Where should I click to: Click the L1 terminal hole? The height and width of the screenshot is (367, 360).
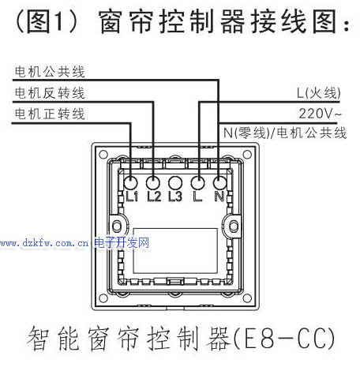pyautogui.click(x=130, y=182)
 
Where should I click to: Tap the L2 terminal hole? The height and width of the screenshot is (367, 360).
pyautogui.click(x=153, y=182)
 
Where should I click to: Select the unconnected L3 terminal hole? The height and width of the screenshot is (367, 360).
pyautogui.click(x=175, y=182)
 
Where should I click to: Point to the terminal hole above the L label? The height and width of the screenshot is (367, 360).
pyautogui.click(x=197, y=182)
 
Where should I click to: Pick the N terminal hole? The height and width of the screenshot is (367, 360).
pyautogui.click(x=219, y=182)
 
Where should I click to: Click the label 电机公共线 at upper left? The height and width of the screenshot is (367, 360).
pyautogui.click(x=50, y=72)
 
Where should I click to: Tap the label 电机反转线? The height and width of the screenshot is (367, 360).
pyautogui.click(x=50, y=93)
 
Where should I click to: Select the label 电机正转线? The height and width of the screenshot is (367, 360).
pyautogui.click(x=50, y=114)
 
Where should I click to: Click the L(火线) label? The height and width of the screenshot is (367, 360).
pyautogui.click(x=319, y=93)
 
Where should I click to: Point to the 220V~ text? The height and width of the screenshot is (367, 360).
pyautogui.click(x=320, y=114)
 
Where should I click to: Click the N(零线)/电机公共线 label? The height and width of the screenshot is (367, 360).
pyautogui.click(x=285, y=133)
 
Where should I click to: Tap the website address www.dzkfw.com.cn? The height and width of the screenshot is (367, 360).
pyautogui.click(x=44, y=243)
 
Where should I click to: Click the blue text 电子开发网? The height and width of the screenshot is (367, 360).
pyautogui.click(x=122, y=242)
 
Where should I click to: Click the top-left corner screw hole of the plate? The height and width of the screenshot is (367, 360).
pyautogui.click(x=103, y=154)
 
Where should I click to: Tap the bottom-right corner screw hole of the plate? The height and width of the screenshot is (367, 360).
pyautogui.click(x=247, y=298)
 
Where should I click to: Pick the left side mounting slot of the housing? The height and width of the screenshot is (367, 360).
pyautogui.click(x=117, y=226)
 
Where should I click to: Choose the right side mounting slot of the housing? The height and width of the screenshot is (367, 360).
pyautogui.click(x=234, y=226)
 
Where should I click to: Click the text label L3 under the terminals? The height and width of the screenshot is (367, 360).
pyautogui.click(x=175, y=197)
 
